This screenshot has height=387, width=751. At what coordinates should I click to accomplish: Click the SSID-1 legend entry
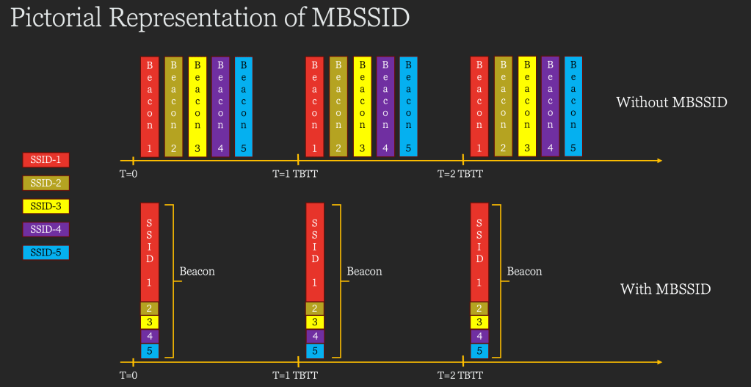point(46,159)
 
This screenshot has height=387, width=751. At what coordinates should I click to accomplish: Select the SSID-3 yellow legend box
point(46,206)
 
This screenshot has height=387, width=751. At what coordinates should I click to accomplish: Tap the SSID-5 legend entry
point(46,253)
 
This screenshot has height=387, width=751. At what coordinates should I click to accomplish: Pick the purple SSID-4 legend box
point(46,229)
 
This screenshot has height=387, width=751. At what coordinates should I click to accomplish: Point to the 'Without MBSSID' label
point(671,102)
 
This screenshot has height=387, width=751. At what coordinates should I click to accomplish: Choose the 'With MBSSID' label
point(665,289)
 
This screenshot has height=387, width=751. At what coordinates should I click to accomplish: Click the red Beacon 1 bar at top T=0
point(150,106)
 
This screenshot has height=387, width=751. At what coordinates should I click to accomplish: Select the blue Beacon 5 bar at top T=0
point(244,106)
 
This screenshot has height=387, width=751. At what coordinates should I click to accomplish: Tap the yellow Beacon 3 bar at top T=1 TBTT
point(362,106)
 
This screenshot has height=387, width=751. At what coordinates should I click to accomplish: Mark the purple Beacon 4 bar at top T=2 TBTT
point(550,106)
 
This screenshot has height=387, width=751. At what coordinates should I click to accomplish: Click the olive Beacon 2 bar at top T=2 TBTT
point(503,106)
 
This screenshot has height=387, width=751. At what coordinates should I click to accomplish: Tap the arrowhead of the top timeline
point(659,160)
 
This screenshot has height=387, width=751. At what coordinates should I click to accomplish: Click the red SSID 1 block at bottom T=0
point(150,252)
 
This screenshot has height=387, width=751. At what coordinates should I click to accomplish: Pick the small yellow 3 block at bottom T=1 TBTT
point(315,322)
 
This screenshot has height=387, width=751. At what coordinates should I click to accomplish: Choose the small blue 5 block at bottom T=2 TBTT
point(479,351)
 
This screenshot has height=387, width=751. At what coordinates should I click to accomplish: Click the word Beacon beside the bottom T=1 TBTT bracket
point(364,272)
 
